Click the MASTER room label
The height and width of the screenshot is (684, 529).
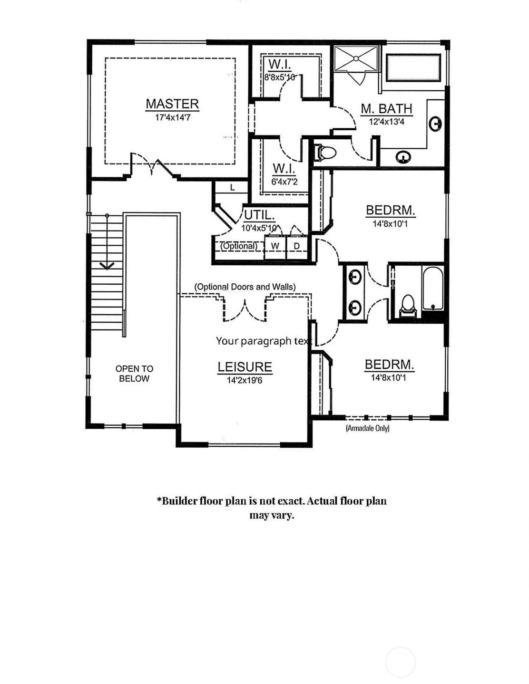pyautogui.click(x=172, y=104)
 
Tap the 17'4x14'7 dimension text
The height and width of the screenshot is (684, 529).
pyautogui.click(x=173, y=118)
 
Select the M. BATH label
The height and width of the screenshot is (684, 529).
pyautogui.click(x=386, y=108)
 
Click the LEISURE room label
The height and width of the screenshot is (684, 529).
pyautogui.click(x=245, y=367)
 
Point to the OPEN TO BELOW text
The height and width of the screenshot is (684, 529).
pyautogui.click(x=134, y=374)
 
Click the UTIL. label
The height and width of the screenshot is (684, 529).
pyautogui.click(x=259, y=215)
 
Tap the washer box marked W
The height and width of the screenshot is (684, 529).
pyautogui.click(x=275, y=247)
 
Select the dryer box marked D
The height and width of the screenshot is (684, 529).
pyautogui.click(x=297, y=247)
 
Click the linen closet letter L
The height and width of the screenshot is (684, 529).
pyautogui.click(x=232, y=188)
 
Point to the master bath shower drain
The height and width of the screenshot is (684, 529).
pyautogui.click(x=356, y=58)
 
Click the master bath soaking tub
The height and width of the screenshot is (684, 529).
pyautogui.click(x=413, y=68)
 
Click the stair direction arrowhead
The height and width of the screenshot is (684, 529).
pyautogui.click(x=107, y=265)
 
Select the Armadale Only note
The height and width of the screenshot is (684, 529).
pyautogui.click(x=368, y=428)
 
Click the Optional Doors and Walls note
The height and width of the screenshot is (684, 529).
pyautogui.click(x=245, y=287)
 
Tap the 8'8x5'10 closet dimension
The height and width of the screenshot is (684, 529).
pyautogui.click(x=279, y=77)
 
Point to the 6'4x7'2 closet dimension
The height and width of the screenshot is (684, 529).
pyautogui.click(x=284, y=182)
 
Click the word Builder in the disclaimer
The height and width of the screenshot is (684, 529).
pyautogui.click(x=178, y=501)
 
